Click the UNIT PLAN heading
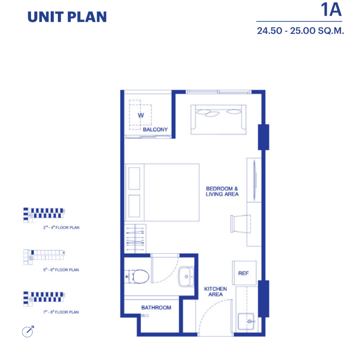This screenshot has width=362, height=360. click(x=67, y=17)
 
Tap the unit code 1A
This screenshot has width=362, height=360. click(x=331, y=10)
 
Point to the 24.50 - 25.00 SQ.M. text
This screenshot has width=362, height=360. click(x=300, y=31)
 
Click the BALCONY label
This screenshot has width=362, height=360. click(x=155, y=130)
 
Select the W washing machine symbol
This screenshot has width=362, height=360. click(x=140, y=115)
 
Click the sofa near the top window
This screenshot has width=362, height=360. click(x=219, y=119)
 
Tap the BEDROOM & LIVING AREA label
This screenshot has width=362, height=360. click(x=222, y=192)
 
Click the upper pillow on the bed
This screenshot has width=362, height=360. click(x=134, y=179)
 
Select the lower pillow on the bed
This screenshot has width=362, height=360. click(x=134, y=206)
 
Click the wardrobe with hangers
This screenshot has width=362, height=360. click(x=135, y=238)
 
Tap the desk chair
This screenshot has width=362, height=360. click(x=240, y=224)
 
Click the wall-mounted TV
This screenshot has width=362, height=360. click(x=255, y=180)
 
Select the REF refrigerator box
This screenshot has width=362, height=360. click(x=244, y=273)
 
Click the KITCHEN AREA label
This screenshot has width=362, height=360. click(x=216, y=292)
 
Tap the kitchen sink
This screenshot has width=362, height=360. click(x=246, y=321)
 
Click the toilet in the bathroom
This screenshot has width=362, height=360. click(x=137, y=276)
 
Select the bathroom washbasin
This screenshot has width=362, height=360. click(x=186, y=277)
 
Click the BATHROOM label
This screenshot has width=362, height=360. click(x=156, y=308)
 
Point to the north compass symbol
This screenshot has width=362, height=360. click(x=28, y=332)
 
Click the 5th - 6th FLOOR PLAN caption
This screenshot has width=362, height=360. click(x=61, y=270)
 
